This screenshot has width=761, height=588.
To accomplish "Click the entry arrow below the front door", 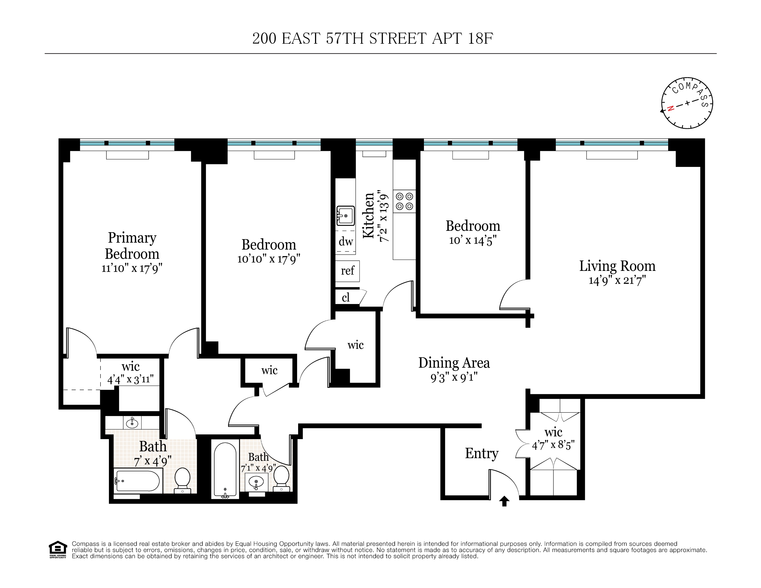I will (x=504, y=501).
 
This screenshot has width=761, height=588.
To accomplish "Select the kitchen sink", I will (x=345, y=216).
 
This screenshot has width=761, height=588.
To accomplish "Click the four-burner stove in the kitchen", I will (x=405, y=201).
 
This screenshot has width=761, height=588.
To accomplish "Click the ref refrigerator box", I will (x=347, y=271).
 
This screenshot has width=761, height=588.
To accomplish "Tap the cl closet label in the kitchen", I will (x=346, y=298).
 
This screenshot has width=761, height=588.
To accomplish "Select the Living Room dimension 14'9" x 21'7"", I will (x=617, y=280).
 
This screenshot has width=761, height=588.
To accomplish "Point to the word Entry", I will (x=482, y=453).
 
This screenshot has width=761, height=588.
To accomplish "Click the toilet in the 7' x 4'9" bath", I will (x=182, y=480).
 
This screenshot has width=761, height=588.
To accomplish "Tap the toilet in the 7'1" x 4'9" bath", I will (x=282, y=478).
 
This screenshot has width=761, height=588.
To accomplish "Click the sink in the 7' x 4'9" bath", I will (x=132, y=423).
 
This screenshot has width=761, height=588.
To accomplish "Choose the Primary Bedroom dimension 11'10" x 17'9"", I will (x=132, y=268).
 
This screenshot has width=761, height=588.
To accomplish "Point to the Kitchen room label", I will (x=369, y=216).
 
